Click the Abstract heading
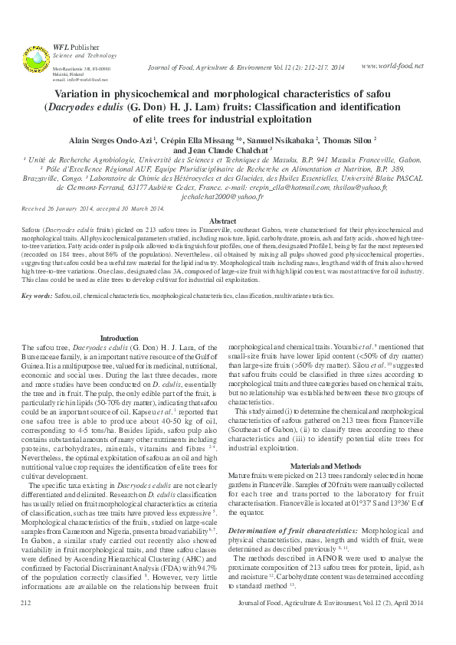[x=228, y=220]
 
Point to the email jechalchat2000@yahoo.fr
[x=228, y=196]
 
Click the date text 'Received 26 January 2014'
[x=59, y=208]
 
